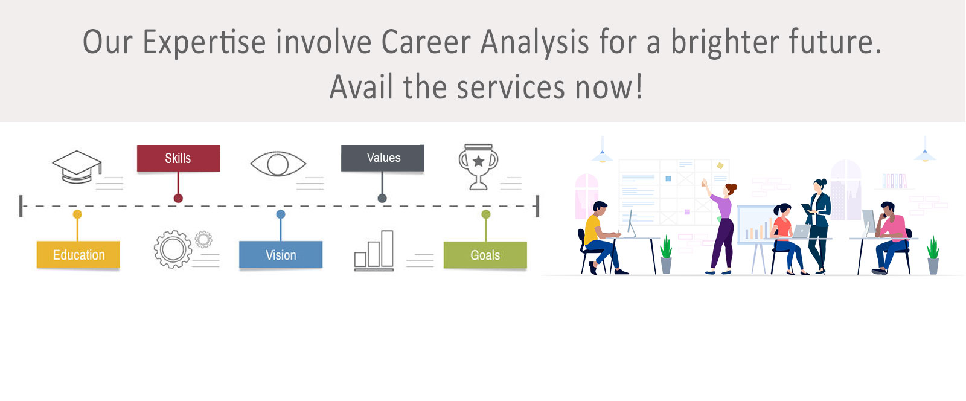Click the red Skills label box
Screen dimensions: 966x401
pyautogui.click(x=179, y=158)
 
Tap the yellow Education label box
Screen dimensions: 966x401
pyautogui.click(x=78, y=255)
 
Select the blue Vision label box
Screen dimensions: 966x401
pyautogui.click(x=281, y=255)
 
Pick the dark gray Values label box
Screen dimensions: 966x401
pyautogui.click(x=383, y=158)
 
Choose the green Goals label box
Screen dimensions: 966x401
pyautogui.click(x=485, y=255)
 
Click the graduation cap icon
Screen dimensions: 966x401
pyautogui.click(x=77, y=167)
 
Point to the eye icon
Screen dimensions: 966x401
pyautogui.click(x=278, y=164)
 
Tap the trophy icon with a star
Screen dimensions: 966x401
pyautogui.click(x=478, y=167)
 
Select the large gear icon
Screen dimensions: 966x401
pyautogui.click(x=173, y=249)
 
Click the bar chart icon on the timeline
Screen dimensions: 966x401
pyautogui.click(x=374, y=251)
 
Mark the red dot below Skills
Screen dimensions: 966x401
pyautogui.click(x=178, y=198)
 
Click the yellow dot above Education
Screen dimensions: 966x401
pyautogui.click(x=77, y=214)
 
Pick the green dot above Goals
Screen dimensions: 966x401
pyautogui.click(x=485, y=214)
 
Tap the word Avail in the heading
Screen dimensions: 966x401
pyautogui.click(x=361, y=87)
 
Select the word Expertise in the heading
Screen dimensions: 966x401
pyautogui.click(x=204, y=43)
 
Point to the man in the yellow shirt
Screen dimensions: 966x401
pyautogui.click(x=600, y=237)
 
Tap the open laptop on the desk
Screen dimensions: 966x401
pyautogui.click(x=801, y=231)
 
